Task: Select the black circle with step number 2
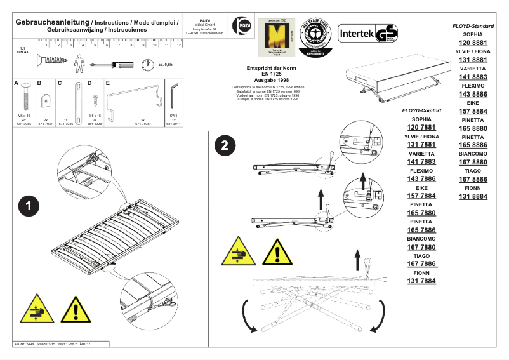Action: coord(224,146)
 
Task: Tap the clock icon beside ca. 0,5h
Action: coord(148,64)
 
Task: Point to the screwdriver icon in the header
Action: coord(112,64)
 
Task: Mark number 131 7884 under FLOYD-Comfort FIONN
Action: coord(421,281)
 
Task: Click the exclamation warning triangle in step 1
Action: coord(75,310)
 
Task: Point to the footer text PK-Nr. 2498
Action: coord(25,343)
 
